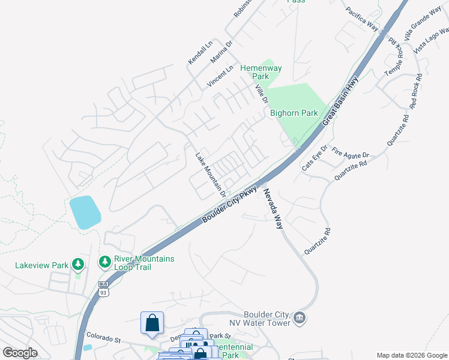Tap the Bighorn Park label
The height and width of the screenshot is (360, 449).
(294, 112)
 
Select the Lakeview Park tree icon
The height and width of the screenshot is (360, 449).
(77, 263)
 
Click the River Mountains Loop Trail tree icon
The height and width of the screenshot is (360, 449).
(105, 262)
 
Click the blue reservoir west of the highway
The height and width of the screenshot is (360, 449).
(84, 212)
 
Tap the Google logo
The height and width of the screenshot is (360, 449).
(20, 353)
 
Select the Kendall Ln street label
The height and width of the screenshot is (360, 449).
(200, 53)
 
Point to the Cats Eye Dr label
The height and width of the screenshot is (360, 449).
(315, 158)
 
